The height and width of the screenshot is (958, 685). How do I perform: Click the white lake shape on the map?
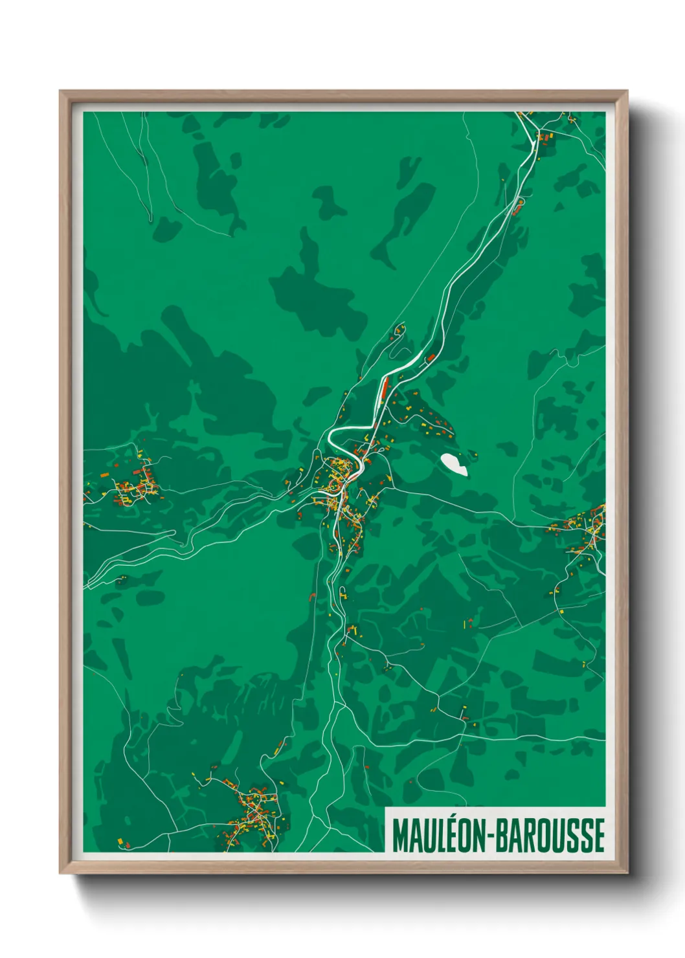[453, 464]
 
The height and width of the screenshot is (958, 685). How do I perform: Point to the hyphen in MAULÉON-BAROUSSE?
[495, 836]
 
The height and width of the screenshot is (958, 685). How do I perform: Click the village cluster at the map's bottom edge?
[253, 812]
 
